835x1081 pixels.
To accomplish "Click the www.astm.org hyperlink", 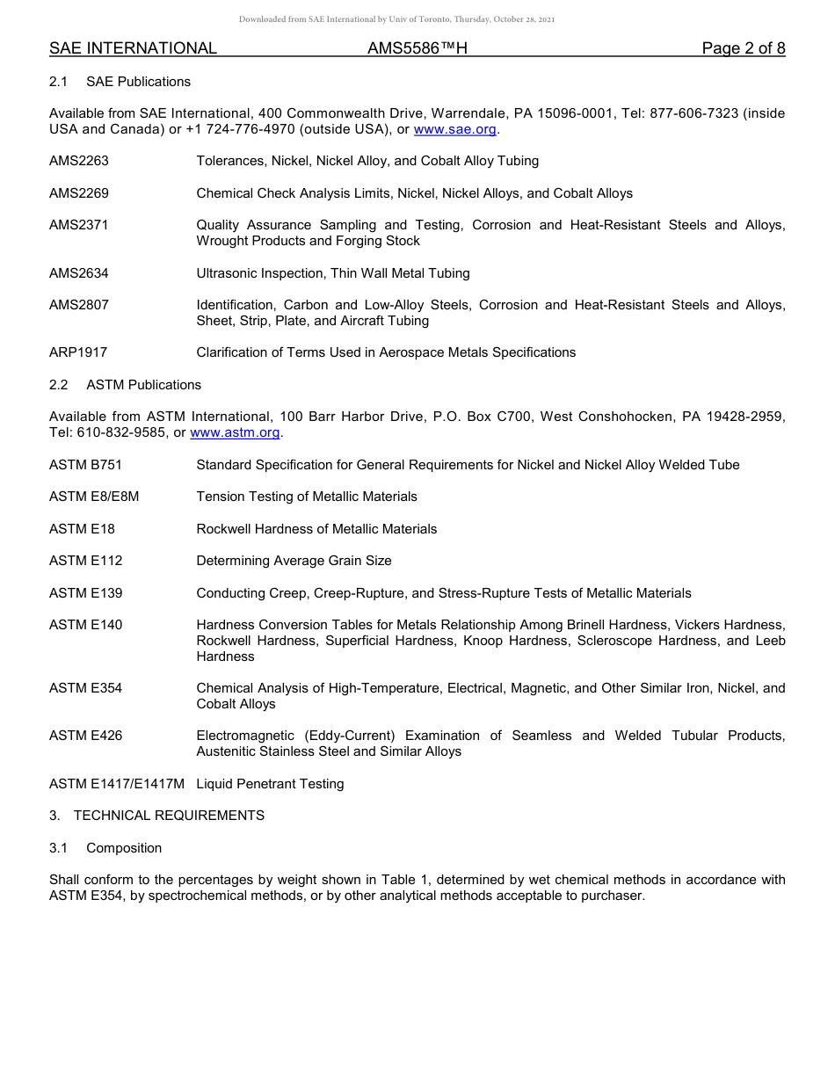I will point(235,432).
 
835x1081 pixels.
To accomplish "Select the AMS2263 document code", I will point(79,161).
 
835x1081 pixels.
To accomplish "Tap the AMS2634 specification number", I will point(79,273).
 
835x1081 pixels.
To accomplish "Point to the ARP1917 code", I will point(78,352).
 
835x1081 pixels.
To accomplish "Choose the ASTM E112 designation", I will point(85,561).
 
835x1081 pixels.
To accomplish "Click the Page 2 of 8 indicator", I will point(743,48).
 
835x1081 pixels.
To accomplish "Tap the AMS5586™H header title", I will point(417,48).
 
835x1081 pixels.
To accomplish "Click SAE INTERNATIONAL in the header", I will point(133,48).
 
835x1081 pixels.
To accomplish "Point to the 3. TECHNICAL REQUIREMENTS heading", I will point(156,816).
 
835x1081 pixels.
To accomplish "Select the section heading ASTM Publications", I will point(143,385).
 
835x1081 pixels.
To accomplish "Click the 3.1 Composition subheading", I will point(105,848).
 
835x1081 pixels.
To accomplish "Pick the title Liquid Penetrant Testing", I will point(270,784).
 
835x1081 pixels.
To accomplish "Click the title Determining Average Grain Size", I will point(294,561).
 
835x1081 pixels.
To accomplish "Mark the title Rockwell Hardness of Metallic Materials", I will point(316,529).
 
